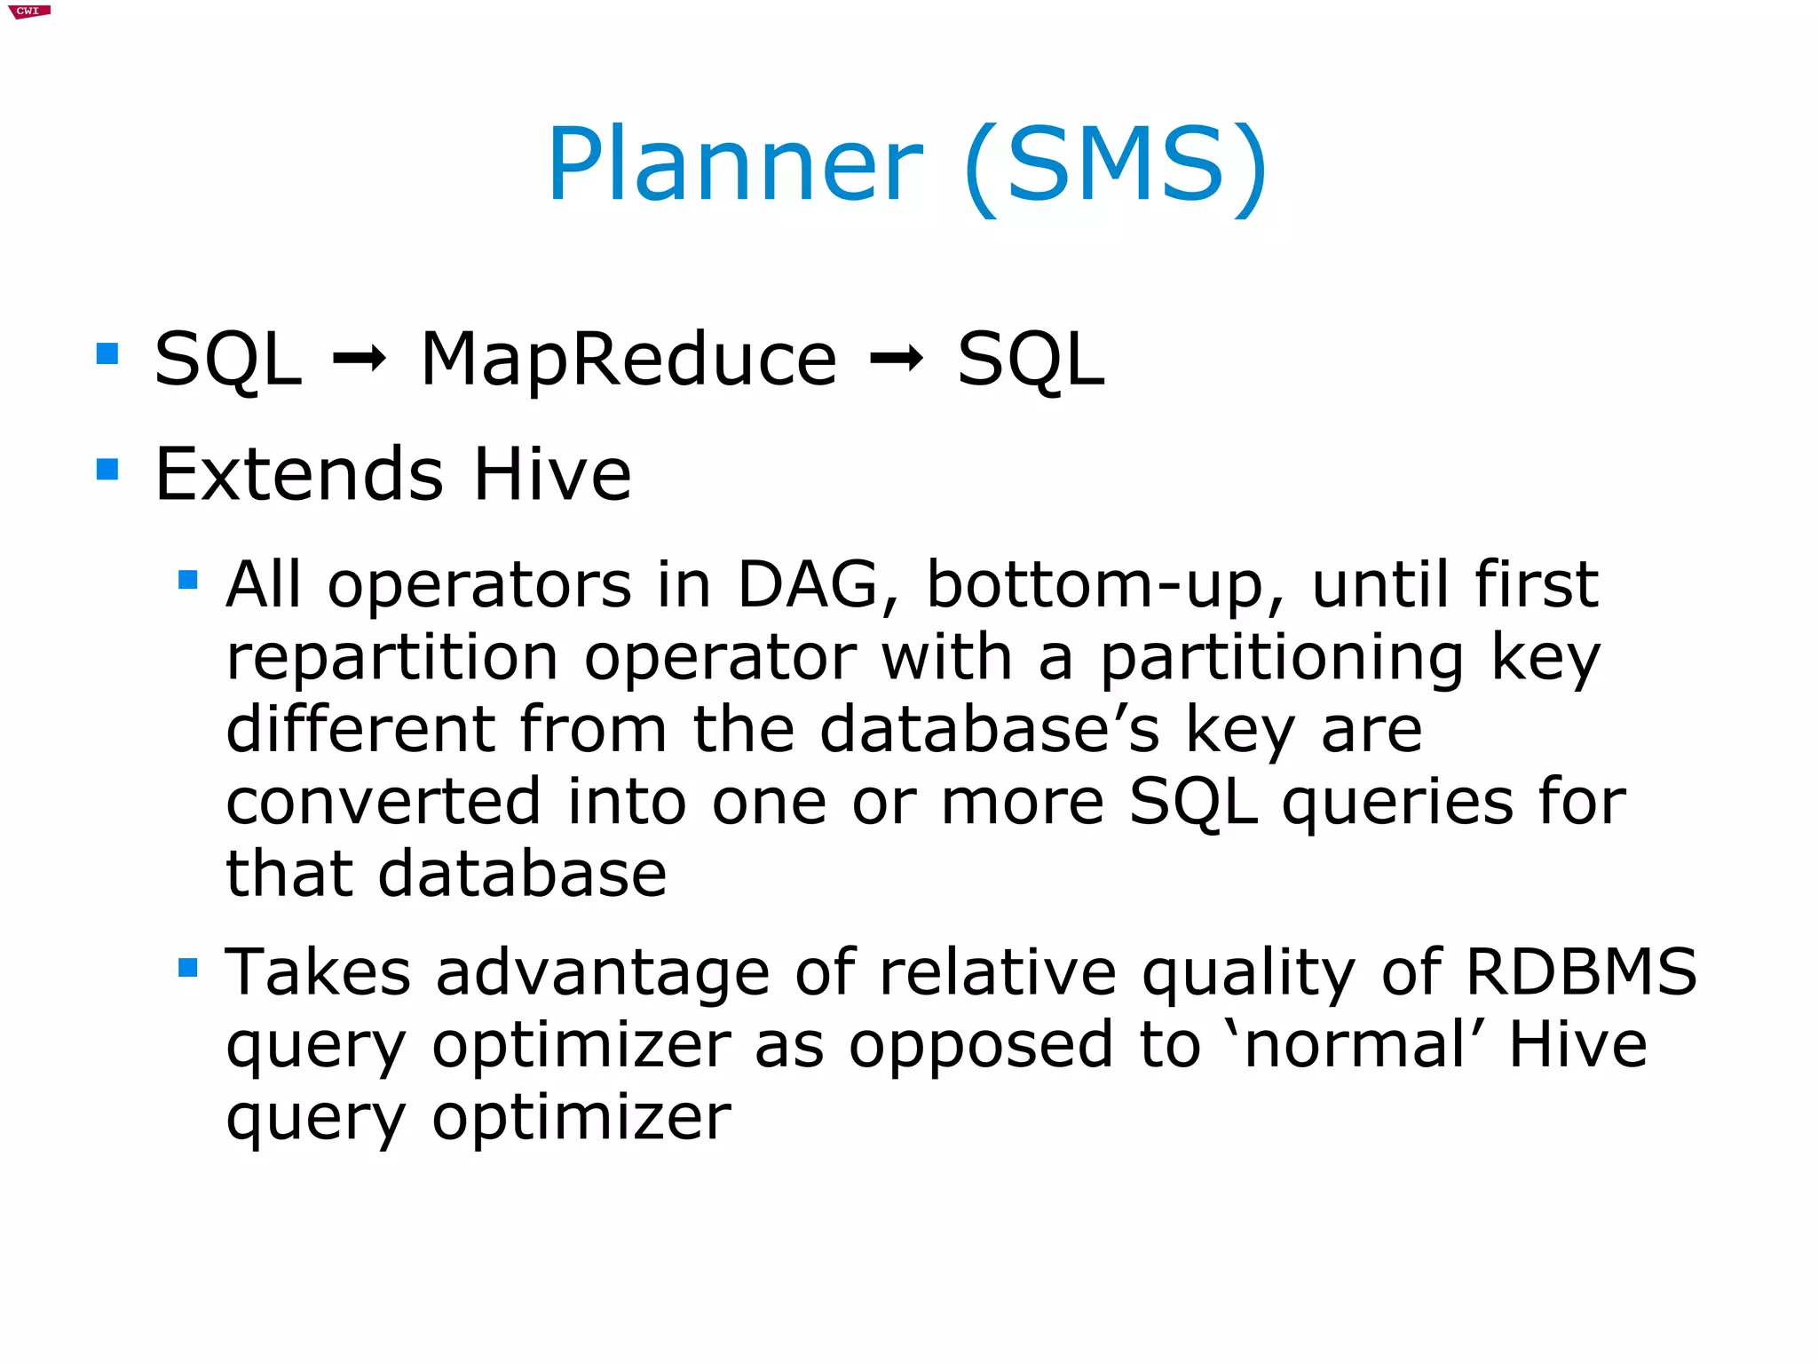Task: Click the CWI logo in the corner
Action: [x=28, y=12]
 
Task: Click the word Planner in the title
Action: [x=735, y=166]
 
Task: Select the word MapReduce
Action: [x=628, y=360]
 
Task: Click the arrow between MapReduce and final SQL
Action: [x=897, y=360]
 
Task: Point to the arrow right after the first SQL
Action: [x=359, y=360]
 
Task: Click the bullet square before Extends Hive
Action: [x=107, y=468]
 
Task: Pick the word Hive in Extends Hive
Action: [x=552, y=474]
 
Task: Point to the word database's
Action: [x=989, y=730]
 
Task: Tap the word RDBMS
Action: [x=1581, y=972]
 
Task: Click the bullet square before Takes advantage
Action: [x=187, y=967]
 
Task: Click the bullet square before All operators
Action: [x=187, y=580]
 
